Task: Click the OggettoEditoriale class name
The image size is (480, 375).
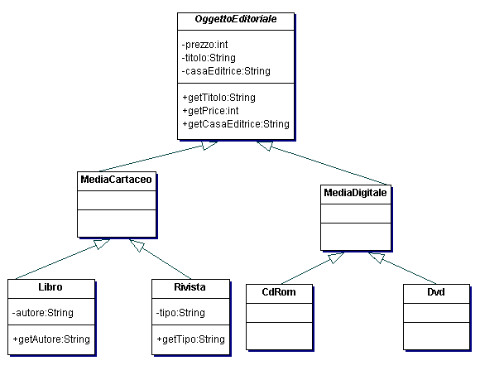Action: coord(236,19)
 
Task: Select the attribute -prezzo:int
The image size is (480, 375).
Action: coord(204,45)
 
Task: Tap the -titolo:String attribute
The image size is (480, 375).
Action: coord(209,58)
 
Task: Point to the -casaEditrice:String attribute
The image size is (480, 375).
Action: coord(226,71)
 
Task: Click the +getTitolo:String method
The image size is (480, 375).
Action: coord(218,98)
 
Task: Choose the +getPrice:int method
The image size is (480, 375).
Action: coord(210,111)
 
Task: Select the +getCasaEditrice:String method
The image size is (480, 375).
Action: coord(236,124)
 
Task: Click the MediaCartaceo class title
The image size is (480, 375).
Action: coord(117,180)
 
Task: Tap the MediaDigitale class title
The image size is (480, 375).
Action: coord(355,193)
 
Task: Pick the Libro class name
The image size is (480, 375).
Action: coord(50,287)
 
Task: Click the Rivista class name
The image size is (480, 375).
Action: coord(190,287)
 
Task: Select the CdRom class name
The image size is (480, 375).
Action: coord(279,292)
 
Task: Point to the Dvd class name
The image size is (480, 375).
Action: coord(436,292)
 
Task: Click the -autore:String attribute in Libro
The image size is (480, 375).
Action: coord(43,313)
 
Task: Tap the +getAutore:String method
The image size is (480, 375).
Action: coord(51,339)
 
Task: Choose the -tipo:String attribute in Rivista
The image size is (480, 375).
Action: coord(180,313)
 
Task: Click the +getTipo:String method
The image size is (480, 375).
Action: coord(190,339)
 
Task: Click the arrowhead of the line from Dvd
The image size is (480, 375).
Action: coord(377,257)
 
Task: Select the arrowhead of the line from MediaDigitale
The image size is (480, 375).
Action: coord(265,146)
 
